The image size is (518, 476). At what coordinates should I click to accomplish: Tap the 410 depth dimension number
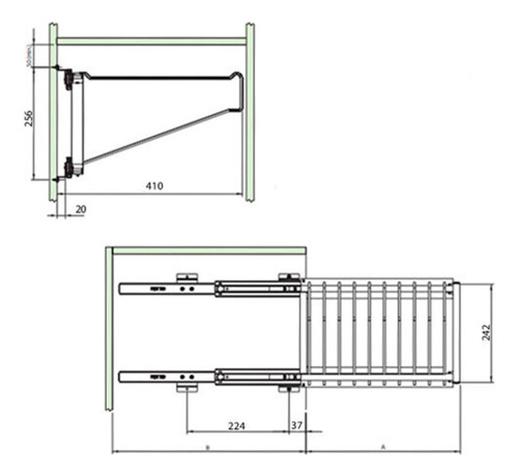[x=154, y=186]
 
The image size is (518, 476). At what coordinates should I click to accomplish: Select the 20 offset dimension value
[x=80, y=209]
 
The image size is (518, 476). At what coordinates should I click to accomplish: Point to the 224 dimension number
[x=237, y=426]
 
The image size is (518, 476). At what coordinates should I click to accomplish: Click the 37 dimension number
[x=297, y=426]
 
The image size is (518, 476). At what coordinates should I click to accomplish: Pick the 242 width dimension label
[x=486, y=332]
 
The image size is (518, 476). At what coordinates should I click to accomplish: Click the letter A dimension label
[x=383, y=446]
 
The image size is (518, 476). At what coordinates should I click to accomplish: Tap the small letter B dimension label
[x=207, y=446]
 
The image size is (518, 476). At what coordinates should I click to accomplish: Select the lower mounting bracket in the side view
[x=68, y=167]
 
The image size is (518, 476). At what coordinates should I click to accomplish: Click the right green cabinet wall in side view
[x=249, y=110]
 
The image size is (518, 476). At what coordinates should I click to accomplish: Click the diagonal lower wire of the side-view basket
[x=162, y=135]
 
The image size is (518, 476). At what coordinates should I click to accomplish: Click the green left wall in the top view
[x=109, y=330]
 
